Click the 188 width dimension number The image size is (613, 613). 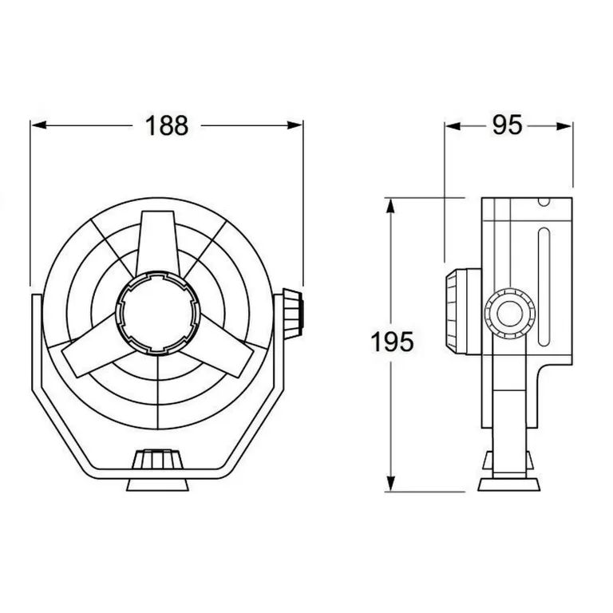[167, 125]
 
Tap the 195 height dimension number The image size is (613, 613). [393, 343]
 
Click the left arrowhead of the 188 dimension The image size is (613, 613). [37, 125]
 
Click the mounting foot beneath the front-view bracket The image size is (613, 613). [158, 484]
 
